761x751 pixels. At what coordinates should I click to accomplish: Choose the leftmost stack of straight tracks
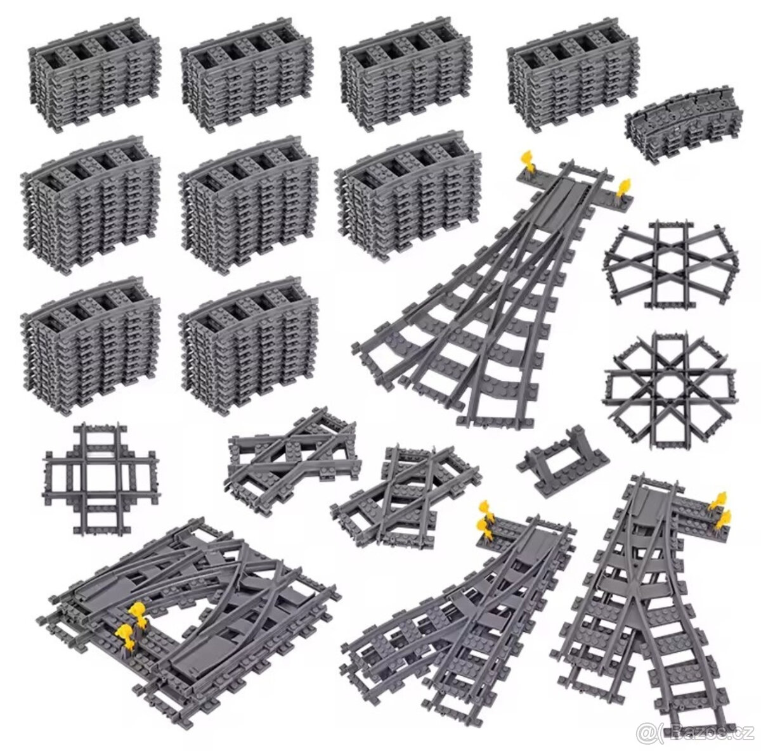[x=94, y=74]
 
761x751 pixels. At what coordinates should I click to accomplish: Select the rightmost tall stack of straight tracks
[x=573, y=75]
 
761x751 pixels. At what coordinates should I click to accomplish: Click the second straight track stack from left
[x=247, y=75]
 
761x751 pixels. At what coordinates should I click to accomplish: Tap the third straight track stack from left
[x=405, y=75]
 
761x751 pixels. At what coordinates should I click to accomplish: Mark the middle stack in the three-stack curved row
[x=248, y=204]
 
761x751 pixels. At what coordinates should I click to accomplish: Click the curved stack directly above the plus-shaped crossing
[x=91, y=345]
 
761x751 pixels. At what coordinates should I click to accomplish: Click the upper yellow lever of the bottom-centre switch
[x=484, y=510]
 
